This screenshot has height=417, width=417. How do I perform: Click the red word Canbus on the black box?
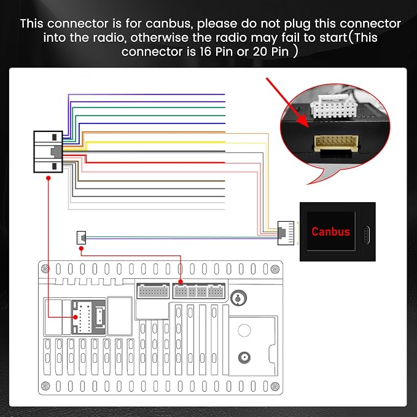coord(330,232)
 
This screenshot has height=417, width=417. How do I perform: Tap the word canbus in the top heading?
coord(168,24)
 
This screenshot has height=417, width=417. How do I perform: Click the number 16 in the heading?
coord(205,52)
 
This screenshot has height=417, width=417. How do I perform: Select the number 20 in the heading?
coord(260,52)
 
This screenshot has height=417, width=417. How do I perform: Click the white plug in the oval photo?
coord(333,107)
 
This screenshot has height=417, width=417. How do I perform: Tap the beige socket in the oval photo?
coord(337,143)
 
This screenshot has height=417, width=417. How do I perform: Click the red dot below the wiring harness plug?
coord(48,178)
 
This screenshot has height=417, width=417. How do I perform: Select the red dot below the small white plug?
coord(81,248)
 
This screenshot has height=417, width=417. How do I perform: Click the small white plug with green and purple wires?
coord(81,238)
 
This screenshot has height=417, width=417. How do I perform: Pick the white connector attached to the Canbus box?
coord(286,233)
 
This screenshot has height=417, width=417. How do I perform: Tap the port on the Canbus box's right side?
coord(366,235)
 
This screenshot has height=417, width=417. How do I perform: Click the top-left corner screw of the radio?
coord(45,269)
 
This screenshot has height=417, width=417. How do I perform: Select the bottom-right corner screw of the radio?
coord(275,386)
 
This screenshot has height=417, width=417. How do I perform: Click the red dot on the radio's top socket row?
coord(181,281)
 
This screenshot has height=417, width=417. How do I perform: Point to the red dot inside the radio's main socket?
coord(76,317)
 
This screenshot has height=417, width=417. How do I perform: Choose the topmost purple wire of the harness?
coord(146,95)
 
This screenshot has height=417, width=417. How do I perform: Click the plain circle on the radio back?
coord(244,330)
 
